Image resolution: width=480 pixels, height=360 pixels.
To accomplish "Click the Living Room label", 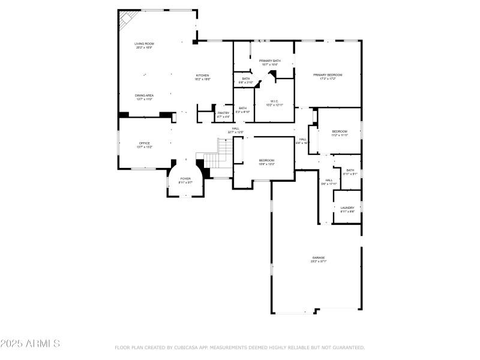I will [144, 44].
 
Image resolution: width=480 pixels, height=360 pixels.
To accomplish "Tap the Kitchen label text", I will [202, 76].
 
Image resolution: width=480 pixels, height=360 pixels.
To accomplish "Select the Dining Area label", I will [144, 95].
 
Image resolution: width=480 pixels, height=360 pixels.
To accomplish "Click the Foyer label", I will [185, 179].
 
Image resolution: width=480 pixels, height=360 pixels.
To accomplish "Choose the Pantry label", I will [223, 113].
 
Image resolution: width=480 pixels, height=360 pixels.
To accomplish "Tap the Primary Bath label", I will [269, 61].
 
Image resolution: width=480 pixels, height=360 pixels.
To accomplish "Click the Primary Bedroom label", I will [328, 75].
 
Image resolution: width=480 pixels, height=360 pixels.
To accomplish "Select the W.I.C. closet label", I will [274, 101].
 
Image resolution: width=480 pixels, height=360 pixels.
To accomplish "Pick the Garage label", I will [318, 257].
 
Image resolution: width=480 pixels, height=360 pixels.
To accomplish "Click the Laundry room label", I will [347, 208].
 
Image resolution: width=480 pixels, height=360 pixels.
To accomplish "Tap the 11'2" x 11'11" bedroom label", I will [340, 131].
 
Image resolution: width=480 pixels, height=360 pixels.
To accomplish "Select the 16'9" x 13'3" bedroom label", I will [266, 160].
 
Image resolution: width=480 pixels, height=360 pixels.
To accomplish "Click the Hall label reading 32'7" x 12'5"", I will [236, 128].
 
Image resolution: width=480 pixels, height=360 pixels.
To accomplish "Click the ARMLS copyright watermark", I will [30, 344].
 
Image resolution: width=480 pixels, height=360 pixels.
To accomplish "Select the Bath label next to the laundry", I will [350, 170].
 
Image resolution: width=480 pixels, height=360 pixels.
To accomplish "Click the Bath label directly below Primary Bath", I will [246, 79].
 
